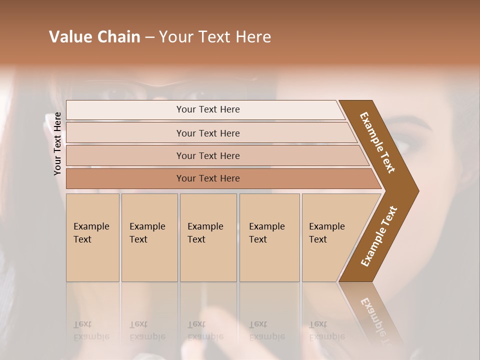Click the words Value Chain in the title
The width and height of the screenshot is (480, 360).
pyautogui.click(x=94, y=36)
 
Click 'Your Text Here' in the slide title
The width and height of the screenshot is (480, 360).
pyautogui.click(x=215, y=36)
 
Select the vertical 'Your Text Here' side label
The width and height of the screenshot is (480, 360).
pyautogui.click(x=57, y=143)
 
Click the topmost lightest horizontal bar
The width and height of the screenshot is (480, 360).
pyautogui.click(x=207, y=109)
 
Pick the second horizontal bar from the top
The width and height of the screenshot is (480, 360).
pyautogui.click(x=207, y=133)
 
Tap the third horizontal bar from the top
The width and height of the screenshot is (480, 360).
pyautogui.click(x=207, y=155)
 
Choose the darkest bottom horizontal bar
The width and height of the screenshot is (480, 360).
pyautogui.click(x=207, y=178)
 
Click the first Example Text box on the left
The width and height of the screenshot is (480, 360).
pyautogui.click(x=92, y=237)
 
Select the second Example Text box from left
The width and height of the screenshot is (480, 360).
pyautogui.click(x=149, y=237)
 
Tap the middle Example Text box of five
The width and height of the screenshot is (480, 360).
pyautogui.click(x=208, y=237)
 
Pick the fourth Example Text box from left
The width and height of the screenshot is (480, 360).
pyautogui.click(x=269, y=237)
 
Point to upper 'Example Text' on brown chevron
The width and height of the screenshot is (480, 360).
pyautogui.click(x=377, y=142)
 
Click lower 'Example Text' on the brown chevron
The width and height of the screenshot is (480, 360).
pyautogui.click(x=379, y=236)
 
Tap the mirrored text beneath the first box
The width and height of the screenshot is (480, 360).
pyautogui.click(x=91, y=330)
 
